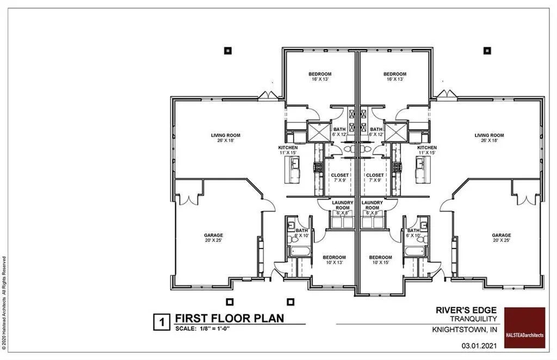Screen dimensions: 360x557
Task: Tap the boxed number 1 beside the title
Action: tap(162, 321)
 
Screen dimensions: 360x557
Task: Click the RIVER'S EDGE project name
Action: tap(467, 310)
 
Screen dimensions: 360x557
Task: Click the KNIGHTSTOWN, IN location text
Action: tap(465, 330)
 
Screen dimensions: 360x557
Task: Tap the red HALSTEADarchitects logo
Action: tap(524, 327)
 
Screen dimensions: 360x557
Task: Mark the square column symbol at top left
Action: tap(228, 51)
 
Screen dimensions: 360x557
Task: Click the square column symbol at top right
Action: tap(487, 51)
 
